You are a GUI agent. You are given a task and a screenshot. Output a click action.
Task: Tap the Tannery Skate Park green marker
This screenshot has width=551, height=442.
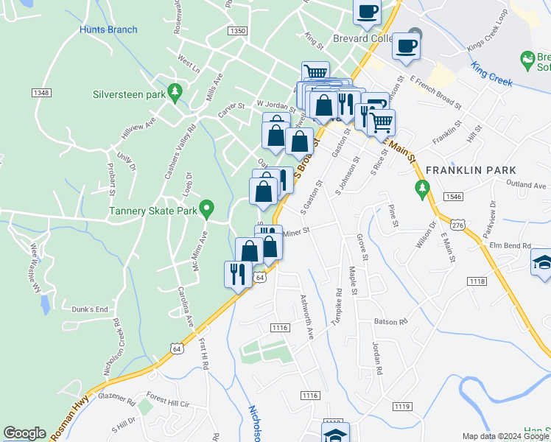(208, 210)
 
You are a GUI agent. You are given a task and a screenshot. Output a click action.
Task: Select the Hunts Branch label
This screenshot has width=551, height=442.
(108, 29)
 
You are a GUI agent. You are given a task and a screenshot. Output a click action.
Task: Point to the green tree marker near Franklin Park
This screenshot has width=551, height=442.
(421, 189)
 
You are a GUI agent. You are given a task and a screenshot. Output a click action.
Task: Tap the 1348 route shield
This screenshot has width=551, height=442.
(41, 92)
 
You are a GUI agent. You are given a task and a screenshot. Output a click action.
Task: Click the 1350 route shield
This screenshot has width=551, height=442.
(237, 31)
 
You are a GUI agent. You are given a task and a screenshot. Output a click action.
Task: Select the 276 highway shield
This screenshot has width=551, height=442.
(458, 225)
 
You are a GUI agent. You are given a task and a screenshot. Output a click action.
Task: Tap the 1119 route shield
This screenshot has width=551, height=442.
(401, 406)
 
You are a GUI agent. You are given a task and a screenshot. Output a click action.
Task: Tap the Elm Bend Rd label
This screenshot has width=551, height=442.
(505, 245)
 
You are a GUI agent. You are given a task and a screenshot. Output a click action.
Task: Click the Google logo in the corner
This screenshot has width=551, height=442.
(24, 433)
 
